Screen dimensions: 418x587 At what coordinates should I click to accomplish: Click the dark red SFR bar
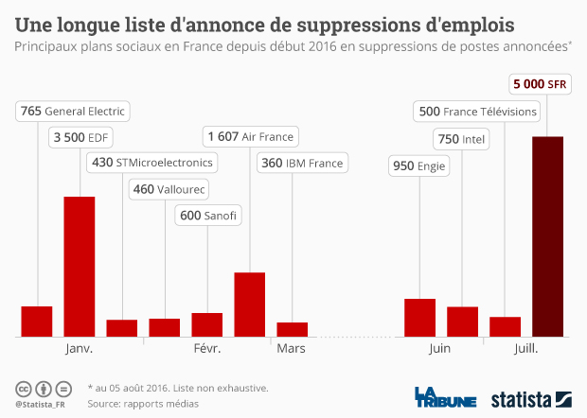pyautogui.click(x=547, y=236)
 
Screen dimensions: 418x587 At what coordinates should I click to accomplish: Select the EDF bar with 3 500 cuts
pyautogui.click(x=79, y=266)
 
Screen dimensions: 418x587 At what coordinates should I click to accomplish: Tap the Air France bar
pyautogui.click(x=249, y=304)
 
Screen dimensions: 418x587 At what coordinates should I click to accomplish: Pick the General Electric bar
pyautogui.click(x=37, y=321)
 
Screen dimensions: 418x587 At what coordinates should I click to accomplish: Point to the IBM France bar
pyautogui.click(x=293, y=329)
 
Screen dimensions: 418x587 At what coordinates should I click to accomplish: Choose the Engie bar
pyautogui.click(x=419, y=317)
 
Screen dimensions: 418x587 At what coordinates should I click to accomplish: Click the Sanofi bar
pyautogui.click(x=206, y=324)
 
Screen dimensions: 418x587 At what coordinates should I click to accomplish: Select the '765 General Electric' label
pyautogui.click(x=72, y=112)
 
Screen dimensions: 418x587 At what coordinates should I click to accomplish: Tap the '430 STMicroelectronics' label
pyautogui.click(x=151, y=163)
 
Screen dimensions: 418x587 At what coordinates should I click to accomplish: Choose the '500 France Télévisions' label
pyautogui.click(x=477, y=112)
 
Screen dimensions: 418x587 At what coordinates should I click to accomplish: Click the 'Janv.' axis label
pyautogui.click(x=79, y=349)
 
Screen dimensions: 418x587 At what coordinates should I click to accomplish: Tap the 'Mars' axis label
pyautogui.click(x=291, y=349)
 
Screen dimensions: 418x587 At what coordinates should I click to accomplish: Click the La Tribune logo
pyautogui.click(x=444, y=397)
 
